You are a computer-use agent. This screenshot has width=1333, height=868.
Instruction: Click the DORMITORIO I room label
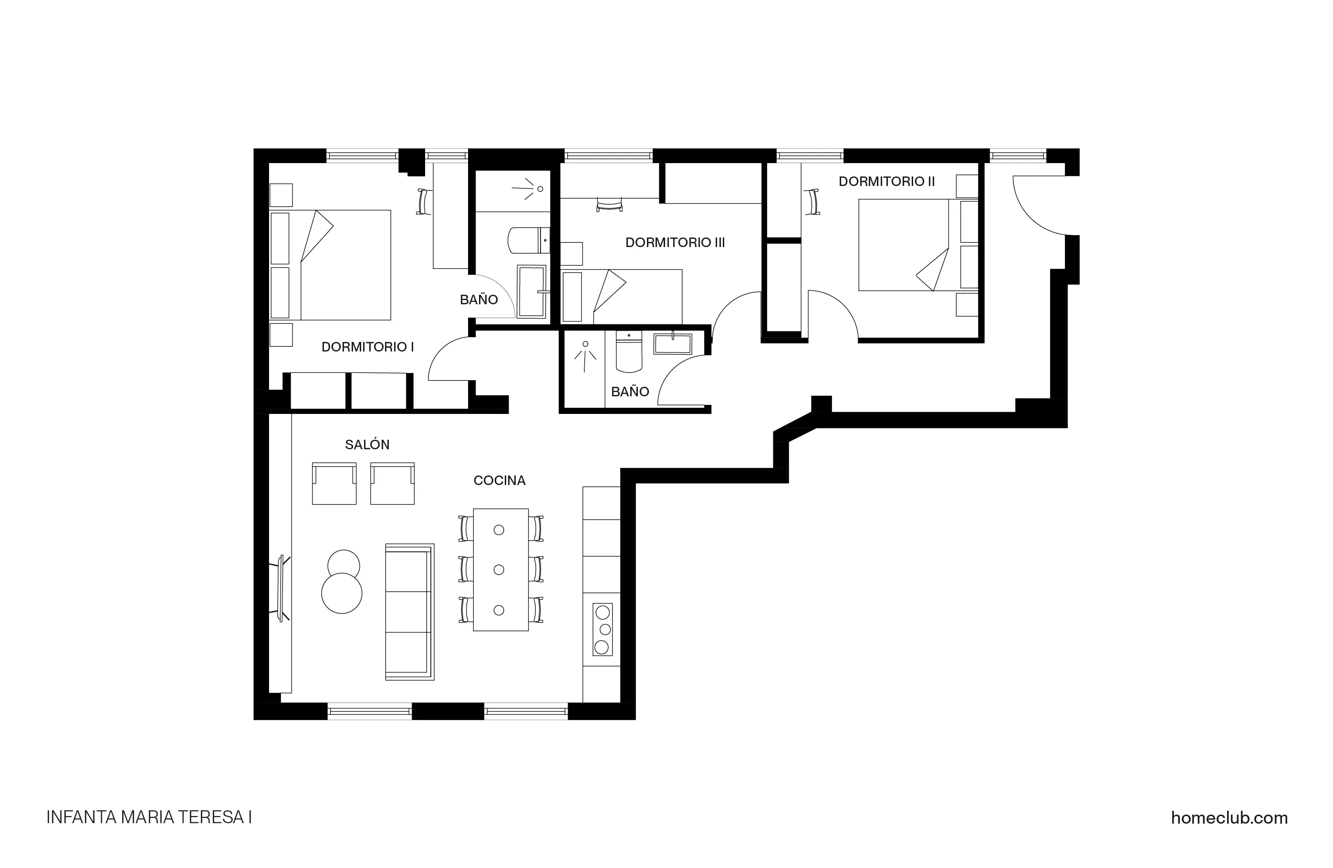tap(367, 347)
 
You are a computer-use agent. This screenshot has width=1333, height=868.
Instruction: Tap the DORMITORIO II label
tap(886, 181)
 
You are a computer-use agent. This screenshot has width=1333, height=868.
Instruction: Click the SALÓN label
tap(367, 444)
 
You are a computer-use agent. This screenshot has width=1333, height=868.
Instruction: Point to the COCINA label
tap(499, 480)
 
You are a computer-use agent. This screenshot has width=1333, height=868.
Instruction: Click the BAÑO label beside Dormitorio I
tap(479, 300)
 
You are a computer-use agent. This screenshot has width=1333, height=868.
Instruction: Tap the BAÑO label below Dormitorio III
tap(630, 392)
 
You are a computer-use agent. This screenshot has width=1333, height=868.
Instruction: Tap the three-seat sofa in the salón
tap(409, 612)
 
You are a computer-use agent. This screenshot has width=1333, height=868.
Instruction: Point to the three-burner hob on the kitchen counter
tap(602, 630)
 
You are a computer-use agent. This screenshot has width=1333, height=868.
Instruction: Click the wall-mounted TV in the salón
tap(283, 588)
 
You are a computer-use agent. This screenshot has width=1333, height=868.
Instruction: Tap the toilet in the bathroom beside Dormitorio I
tap(527, 240)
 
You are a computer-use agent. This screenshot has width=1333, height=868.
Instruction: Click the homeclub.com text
tap(1229, 817)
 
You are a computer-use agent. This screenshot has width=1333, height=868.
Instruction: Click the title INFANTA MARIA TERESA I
tap(149, 817)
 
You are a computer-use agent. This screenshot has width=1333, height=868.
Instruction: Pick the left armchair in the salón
tap(334, 484)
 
